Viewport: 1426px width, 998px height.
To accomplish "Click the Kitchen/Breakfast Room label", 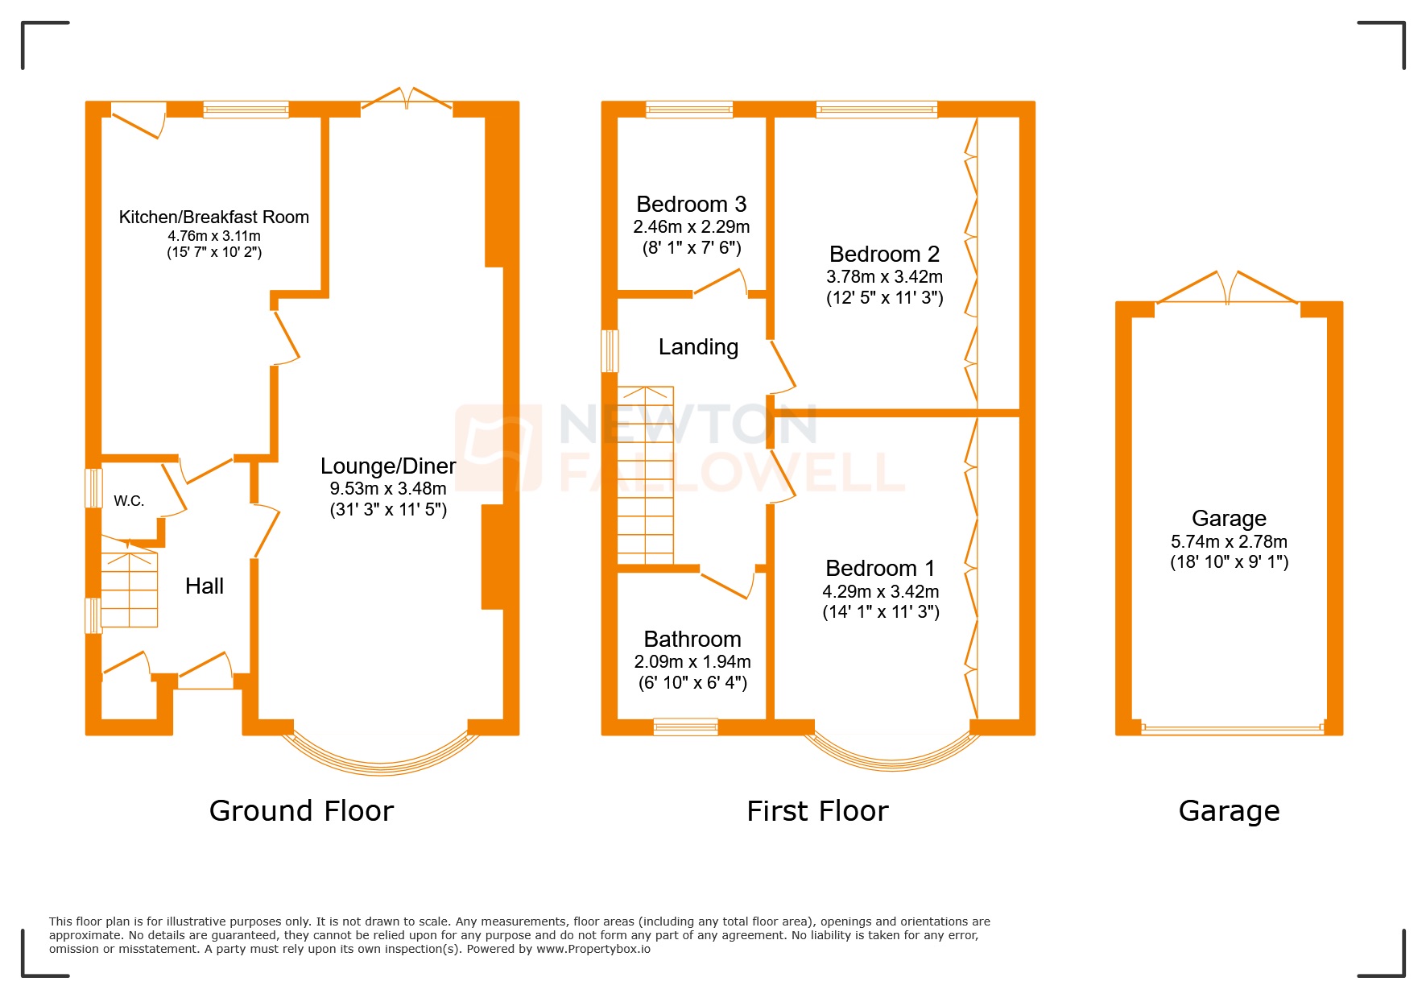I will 213,217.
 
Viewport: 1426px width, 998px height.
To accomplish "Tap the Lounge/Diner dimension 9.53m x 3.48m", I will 388,488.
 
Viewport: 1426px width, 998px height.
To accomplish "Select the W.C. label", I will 129,501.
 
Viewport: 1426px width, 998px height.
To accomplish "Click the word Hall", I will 205,586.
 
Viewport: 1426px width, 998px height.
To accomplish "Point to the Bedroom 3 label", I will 691,204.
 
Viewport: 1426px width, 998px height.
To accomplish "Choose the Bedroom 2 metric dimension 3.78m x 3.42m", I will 884,276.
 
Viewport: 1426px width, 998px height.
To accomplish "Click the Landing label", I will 698,347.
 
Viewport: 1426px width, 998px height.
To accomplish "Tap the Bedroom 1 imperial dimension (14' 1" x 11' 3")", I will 881,611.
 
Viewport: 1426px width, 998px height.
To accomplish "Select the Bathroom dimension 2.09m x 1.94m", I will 692,661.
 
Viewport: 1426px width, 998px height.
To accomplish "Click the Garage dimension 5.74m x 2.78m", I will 1229,541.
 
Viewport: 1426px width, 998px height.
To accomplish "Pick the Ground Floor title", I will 301,810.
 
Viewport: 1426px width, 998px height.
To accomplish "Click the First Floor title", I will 817,810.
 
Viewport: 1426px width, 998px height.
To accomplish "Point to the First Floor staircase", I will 645,475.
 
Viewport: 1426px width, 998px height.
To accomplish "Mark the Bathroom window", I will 685,727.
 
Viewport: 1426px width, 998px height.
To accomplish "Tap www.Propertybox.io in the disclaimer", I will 593,949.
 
